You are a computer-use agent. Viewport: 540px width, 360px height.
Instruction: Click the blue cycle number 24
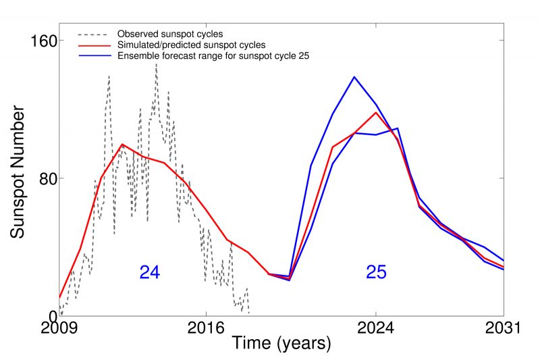click(x=149, y=272)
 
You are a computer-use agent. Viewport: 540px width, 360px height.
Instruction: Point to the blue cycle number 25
click(x=376, y=272)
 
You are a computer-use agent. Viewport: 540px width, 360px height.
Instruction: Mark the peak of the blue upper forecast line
click(x=354, y=77)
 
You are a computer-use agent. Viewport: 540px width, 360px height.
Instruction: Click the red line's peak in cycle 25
click(x=376, y=112)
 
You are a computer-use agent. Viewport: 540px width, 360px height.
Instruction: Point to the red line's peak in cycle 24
click(x=122, y=144)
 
